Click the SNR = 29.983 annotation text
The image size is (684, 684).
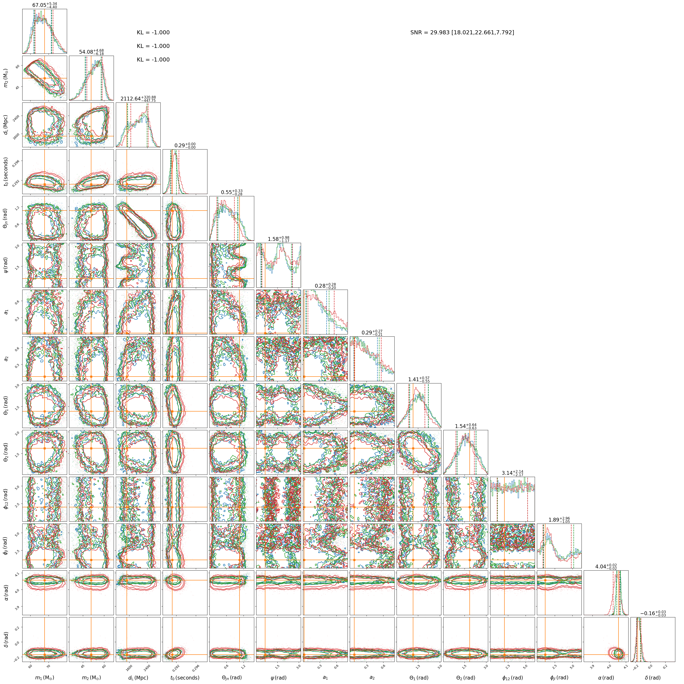[462, 33]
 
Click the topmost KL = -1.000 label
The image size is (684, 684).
[153, 33]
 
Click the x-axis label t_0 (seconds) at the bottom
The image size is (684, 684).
[185, 677]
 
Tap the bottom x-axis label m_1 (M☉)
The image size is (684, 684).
[45, 677]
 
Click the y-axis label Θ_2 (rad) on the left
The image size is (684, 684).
[6, 452]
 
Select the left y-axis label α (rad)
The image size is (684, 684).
[6, 592]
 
